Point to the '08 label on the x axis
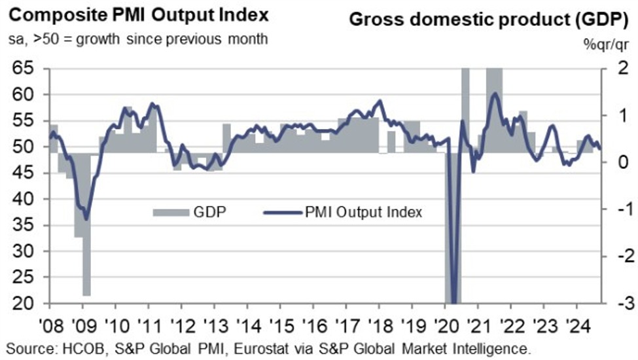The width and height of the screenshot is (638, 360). (50, 325)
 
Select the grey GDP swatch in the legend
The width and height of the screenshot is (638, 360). (169, 211)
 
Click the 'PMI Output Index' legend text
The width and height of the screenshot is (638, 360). (363, 211)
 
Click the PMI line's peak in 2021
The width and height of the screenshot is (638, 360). (495, 94)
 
